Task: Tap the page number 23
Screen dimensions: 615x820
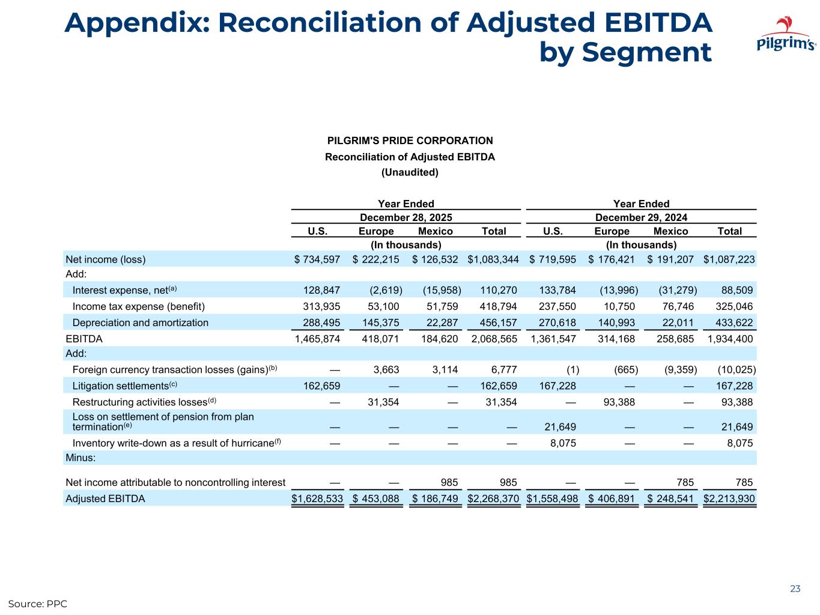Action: click(x=795, y=589)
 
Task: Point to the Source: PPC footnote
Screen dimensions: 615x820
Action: click(x=37, y=603)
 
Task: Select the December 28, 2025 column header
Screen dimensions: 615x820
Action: click(x=405, y=217)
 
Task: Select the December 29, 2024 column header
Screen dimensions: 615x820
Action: click(x=641, y=217)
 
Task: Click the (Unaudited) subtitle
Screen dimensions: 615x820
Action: click(x=410, y=172)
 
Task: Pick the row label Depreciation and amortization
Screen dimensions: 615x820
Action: click(x=141, y=323)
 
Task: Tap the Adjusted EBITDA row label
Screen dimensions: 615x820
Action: click(x=105, y=498)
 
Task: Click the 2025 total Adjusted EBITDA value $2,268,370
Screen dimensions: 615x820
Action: click(x=493, y=498)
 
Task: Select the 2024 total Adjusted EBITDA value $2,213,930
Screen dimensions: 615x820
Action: click(x=729, y=498)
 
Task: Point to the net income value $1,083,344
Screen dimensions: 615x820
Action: click(x=493, y=259)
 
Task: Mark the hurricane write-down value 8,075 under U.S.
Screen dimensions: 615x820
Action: click(x=563, y=443)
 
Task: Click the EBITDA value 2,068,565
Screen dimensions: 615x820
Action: click(x=494, y=339)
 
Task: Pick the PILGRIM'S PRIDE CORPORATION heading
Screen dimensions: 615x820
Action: click(x=410, y=141)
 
